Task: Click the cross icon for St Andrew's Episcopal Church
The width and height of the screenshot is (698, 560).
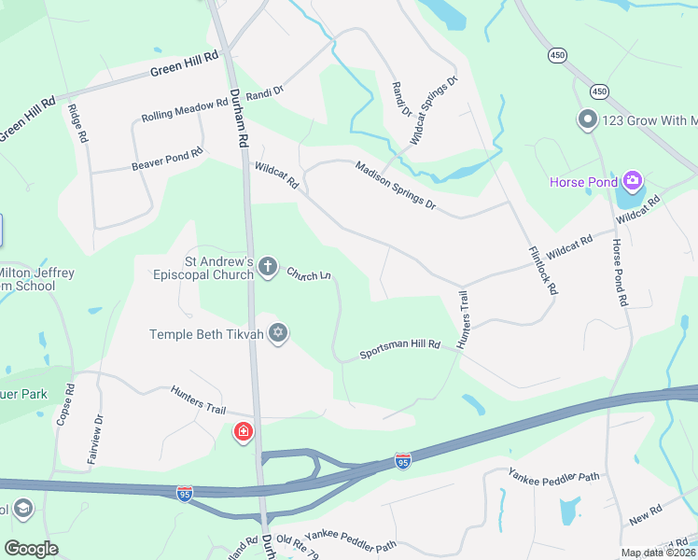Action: tap(268, 268)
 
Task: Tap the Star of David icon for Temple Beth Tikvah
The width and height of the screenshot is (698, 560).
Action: tap(277, 333)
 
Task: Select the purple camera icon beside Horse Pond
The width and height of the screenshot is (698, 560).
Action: tap(633, 180)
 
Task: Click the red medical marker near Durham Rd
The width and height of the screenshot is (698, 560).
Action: tap(243, 433)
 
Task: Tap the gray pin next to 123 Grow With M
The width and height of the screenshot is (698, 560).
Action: tap(587, 120)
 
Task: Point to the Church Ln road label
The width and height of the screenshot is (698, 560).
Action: tap(309, 274)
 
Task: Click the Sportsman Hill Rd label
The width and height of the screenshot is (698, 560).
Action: tap(400, 350)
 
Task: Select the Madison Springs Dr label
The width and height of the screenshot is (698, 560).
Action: tap(395, 184)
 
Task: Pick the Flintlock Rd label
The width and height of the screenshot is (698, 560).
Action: tap(542, 271)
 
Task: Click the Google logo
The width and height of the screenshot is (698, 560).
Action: tap(31, 549)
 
